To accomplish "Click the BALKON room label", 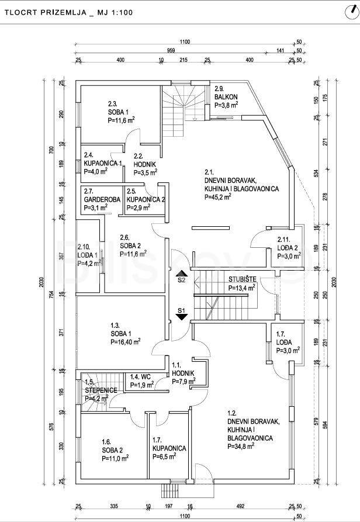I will [225, 97].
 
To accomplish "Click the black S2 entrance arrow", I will [181, 272].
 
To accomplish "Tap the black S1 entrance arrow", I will [181, 316].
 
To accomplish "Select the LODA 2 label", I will [288, 247].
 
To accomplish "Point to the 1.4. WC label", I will [142, 377].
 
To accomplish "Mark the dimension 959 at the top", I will [171, 51].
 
